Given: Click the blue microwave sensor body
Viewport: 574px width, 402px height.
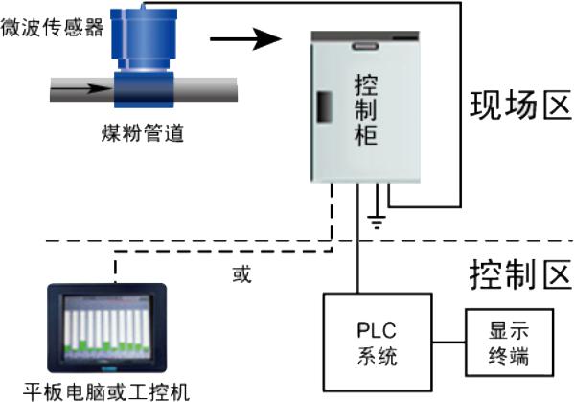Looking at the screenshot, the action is click(145, 39).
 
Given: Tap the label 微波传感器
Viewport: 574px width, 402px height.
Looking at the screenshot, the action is click(52, 27).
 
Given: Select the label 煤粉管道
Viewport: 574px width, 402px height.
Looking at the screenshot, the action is click(142, 133).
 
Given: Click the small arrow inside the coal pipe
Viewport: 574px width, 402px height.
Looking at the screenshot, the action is click(81, 88).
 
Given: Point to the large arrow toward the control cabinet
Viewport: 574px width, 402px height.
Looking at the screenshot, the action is click(245, 38).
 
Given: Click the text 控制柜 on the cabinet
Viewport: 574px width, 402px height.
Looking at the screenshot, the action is click(366, 110).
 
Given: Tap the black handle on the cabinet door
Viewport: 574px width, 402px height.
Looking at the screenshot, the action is click(324, 107).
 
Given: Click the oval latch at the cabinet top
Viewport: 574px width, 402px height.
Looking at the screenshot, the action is click(365, 46).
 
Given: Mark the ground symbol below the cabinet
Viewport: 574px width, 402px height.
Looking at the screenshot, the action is click(377, 222).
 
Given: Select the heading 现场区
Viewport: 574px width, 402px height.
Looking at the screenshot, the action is click(520, 106).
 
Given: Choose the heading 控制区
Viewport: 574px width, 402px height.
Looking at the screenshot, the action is click(520, 274).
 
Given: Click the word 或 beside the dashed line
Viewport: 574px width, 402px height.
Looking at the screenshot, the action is click(242, 274).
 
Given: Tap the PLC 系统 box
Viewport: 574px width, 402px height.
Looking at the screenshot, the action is click(378, 342).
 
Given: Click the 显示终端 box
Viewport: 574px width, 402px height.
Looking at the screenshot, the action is click(509, 343).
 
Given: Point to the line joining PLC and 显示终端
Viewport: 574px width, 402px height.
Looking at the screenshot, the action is click(448, 343).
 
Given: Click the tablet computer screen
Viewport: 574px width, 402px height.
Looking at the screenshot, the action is click(107, 327).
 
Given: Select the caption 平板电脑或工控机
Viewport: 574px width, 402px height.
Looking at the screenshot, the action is click(106, 392).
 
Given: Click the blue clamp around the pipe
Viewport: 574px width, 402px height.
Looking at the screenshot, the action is click(144, 90).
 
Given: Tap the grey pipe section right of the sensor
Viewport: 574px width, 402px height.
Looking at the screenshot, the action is click(206, 89).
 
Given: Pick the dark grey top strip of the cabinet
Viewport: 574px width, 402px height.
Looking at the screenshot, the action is click(365, 35).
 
